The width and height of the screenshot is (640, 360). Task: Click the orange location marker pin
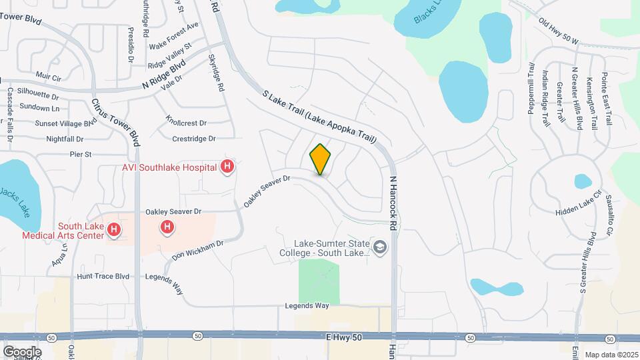[x=321, y=159]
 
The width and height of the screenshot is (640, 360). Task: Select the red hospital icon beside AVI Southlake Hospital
[x=227, y=167]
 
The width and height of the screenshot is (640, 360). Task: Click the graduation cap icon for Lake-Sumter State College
[x=380, y=247]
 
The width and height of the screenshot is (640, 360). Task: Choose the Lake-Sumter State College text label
[x=331, y=252]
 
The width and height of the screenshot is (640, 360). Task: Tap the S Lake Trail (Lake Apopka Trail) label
[x=319, y=117]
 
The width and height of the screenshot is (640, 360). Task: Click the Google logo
[x=22, y=351]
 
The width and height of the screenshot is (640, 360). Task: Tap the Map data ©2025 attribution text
[x=611, y=355]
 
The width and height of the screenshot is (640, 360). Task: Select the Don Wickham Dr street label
[x=197, y=250]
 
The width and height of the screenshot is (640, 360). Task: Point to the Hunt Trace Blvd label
[x=103, y=275]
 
